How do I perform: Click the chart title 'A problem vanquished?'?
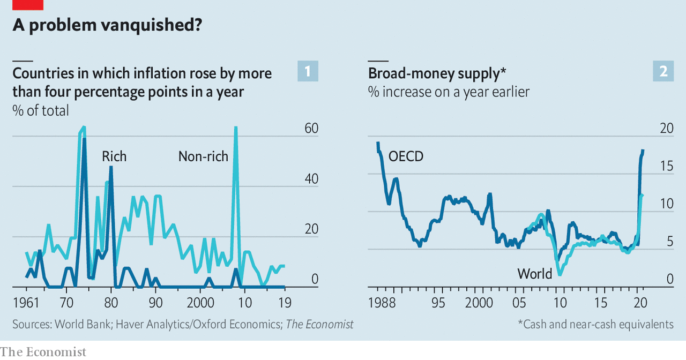[x=107, y=25]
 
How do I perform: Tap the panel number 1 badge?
[x=308, y=71]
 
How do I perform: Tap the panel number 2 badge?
[x=663, y=71]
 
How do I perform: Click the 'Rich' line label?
[x=114, y=156]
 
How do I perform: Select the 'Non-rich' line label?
[x=203, y=156]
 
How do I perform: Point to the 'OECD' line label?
[x=406, y=156]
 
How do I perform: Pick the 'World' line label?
[x=534, y=274]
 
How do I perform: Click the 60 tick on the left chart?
[x=311, y=129]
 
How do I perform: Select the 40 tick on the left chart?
[x=311, y=179]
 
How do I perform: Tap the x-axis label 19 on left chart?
[x=285, y=303]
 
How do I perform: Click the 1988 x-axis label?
[x=382, y=303]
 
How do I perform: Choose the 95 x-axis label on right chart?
[x=438, y=303]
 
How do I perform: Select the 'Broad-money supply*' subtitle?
[x=437, y=73]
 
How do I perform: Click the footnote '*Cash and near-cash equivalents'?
[x=595, y=324]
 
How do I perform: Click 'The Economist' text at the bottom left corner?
[x=43, y=352]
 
